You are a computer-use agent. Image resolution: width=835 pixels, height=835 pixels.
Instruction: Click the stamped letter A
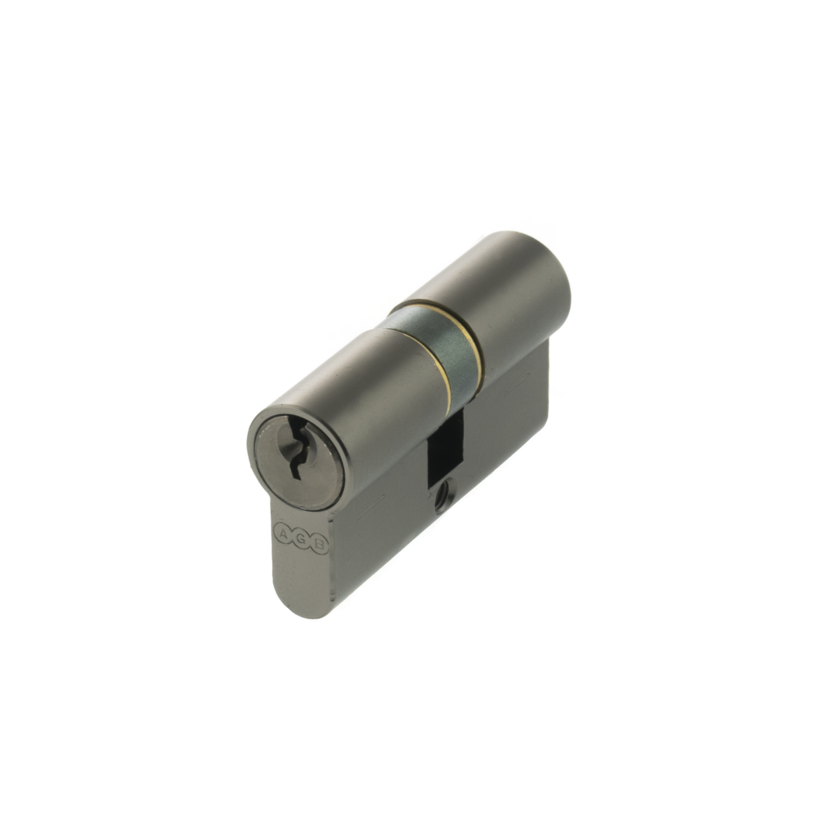click(283, 534)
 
